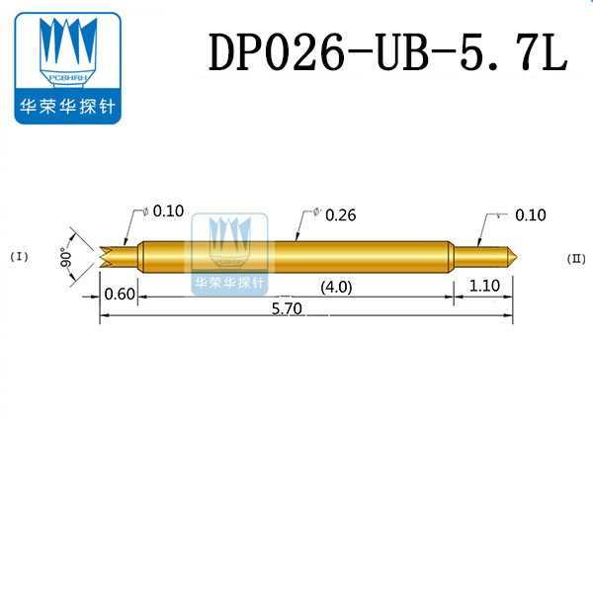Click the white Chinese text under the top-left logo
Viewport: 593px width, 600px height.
pos(67,106)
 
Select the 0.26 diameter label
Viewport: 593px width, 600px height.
pos(339,214)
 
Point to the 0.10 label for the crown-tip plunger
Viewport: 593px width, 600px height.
pos(169,211)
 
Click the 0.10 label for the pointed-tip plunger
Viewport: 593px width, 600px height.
pos(531,214)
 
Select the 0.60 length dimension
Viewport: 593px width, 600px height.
pos(119,292)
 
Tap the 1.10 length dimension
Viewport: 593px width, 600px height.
pos(484,288)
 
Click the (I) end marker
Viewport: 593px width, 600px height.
pos(21,257)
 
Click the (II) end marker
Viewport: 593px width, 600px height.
pos(577,259)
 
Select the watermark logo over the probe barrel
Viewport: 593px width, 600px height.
pos(229,252)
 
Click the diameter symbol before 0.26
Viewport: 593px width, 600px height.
pos(315,212)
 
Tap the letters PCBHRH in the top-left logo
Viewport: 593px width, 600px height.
pos(66,77)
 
